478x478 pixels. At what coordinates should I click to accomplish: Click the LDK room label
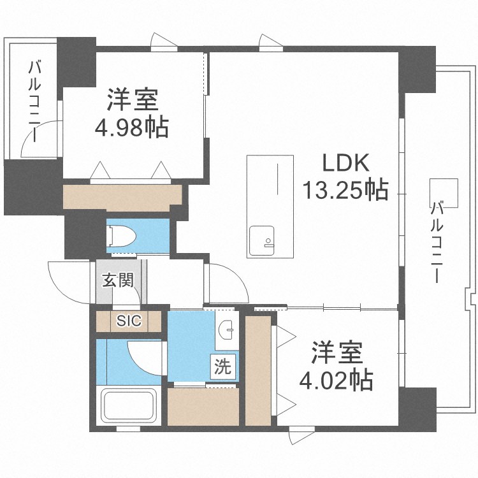pyautogui.click(x=344, y=164)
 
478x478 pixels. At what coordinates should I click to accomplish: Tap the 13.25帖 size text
pyautogui.click(x=344, y=189)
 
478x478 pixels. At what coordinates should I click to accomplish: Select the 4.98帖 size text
pyautogui.click(x=132, y=128)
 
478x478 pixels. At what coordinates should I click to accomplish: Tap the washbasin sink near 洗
pyautogui.click(x=226, y=330)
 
